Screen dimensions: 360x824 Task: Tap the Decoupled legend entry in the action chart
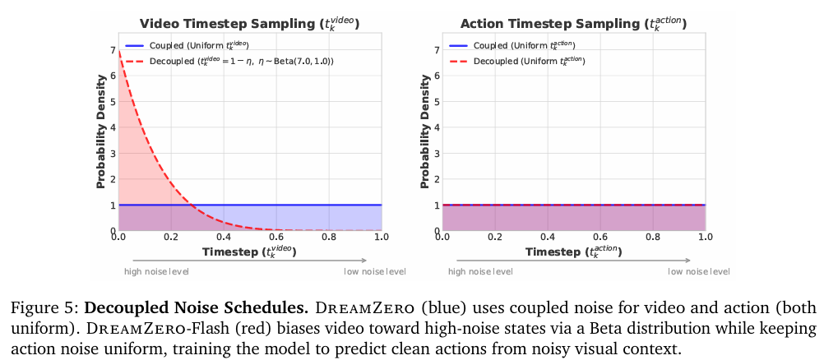coord(523,61)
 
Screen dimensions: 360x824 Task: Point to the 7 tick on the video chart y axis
coord(112,50)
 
